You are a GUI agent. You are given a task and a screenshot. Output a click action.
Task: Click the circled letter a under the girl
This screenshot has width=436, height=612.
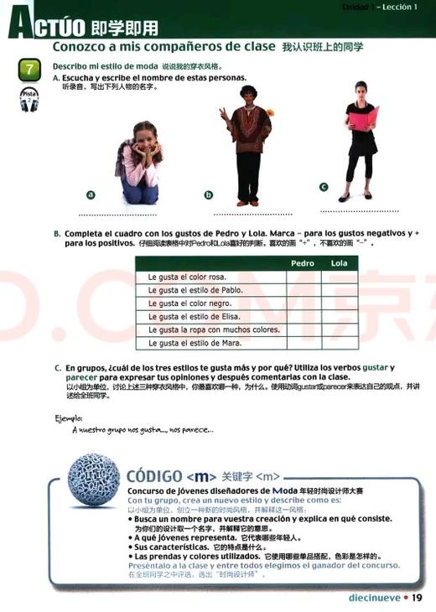pos(91,194)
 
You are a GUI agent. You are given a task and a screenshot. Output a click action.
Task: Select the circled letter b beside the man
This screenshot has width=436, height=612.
pos(209,195)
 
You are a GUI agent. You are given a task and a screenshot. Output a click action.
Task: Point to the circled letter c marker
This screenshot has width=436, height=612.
pos(324,187)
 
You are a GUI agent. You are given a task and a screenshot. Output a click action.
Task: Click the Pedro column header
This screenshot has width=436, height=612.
pos(302,263)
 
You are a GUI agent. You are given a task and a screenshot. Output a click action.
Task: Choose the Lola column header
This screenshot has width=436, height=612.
pos(340,263)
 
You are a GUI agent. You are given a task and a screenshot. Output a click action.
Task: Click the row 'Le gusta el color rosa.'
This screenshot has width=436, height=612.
pos(210,277)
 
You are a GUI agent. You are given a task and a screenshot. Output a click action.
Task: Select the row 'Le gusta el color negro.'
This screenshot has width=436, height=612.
pos(210,303)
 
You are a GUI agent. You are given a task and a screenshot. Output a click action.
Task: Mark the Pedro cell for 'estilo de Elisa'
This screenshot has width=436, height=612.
pos(303,317)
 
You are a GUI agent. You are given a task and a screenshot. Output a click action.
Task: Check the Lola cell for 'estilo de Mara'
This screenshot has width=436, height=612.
pos(340,344)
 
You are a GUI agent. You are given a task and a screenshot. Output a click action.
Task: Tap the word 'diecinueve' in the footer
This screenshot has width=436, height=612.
pos(374,597)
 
